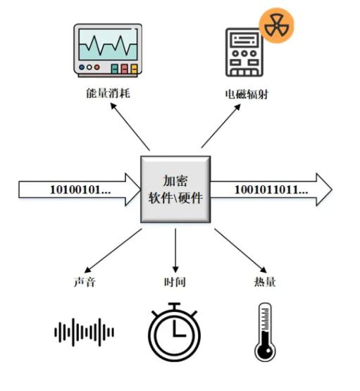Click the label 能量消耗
108,93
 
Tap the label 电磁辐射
247,94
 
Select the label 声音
85,282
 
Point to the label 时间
175,282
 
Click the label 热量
265,282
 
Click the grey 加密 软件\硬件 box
175,190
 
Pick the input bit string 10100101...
80,190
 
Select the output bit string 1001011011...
271,190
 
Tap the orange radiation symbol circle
276,25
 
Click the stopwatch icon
175,332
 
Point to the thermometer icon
265,332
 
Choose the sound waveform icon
85,332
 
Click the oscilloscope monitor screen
108,44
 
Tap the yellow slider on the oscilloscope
135,69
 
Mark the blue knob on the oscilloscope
82,67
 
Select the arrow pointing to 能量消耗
130,127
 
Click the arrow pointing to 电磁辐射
221,126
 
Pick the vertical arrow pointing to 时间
175,251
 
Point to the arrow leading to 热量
240,251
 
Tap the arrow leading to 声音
113,251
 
